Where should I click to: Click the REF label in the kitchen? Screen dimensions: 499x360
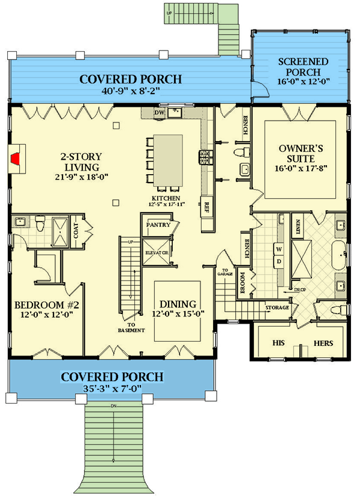tap(206, 207)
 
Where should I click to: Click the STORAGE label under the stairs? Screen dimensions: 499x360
tap(278, 308)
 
